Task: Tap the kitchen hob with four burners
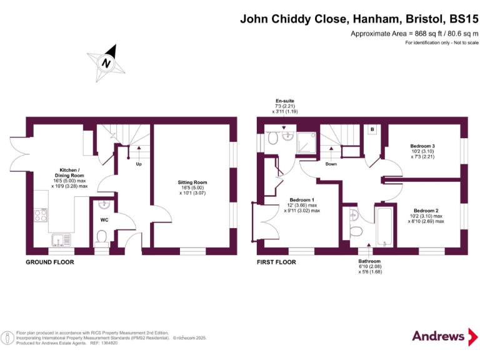[41, 216]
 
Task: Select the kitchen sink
[61, 238]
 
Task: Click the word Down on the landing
[331, 165]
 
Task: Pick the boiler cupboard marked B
[372, 129]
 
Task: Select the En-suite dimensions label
[284, 106]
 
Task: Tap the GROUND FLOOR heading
[49, 262]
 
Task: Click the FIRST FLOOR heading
[276, 262]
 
